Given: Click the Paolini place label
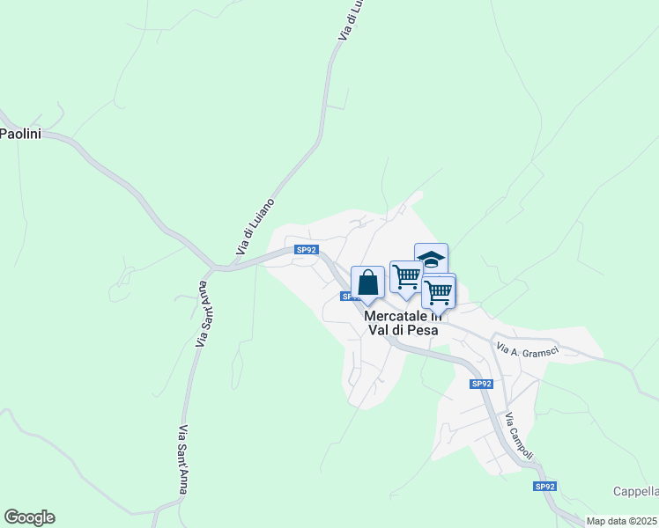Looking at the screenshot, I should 17,134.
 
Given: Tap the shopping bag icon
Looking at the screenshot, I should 367,282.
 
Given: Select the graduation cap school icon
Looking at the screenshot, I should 431,260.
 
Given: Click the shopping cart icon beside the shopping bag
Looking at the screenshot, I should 406,276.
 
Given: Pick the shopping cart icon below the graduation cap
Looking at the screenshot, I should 439,291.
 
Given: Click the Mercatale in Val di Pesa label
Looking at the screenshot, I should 402,323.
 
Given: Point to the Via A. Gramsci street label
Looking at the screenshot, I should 528,350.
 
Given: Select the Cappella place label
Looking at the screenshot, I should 635,491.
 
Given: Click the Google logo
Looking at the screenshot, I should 29,517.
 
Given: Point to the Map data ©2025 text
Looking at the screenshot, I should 622,521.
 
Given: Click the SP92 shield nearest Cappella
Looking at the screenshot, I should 544,486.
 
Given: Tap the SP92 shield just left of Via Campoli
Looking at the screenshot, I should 481,384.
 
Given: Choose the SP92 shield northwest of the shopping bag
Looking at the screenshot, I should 306,250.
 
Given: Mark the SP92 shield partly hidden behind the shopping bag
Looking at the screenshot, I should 347,297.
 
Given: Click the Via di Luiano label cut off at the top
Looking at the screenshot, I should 350,20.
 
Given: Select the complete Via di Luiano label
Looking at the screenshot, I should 255,227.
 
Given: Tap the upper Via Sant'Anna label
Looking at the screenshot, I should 204,313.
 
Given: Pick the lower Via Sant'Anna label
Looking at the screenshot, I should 183,459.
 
